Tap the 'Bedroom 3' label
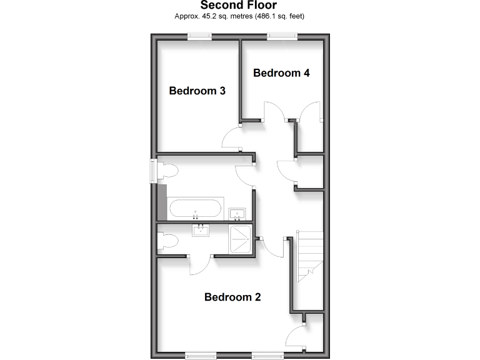pyautogui.click(x=197, y=91)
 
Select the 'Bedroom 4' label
pyautogui.click(x=281, y=73)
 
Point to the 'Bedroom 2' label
pyautogui.click(x=232, y=297)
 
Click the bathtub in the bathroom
pyautogui.click(x=196, y=208)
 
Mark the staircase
pyautogui.click(x=310, y=256)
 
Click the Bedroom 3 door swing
pyautogui.click(x=232, y=136)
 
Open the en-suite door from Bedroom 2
pyautogui.click(x=199, y=266)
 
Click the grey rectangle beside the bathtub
pyautogui.click(x=162, y=201)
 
